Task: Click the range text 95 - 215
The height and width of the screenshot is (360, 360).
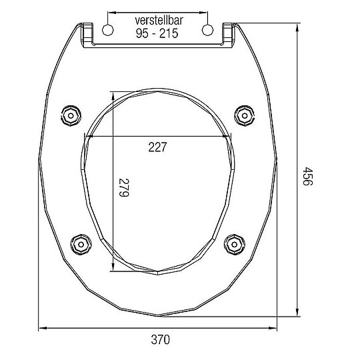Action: pos(157,34)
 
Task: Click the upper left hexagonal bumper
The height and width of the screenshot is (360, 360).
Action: pos(70,113)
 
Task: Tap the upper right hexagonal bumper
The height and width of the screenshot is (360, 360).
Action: pos(245,113)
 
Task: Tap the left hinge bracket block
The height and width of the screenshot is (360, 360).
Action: pos(87,33)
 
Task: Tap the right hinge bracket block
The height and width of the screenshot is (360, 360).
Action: pos(227,33)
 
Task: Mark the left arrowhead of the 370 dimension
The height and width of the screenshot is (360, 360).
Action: pos(42,327)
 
